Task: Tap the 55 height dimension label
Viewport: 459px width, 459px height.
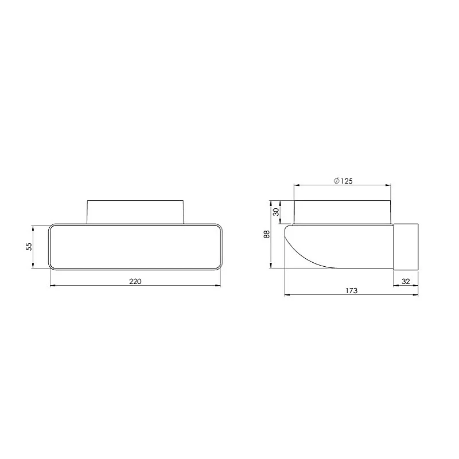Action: pos(28,246)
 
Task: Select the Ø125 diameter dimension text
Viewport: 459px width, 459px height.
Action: pos(343,181)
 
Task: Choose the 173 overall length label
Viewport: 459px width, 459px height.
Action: pos(352,291)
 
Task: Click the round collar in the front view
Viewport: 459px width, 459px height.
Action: pos(135,211)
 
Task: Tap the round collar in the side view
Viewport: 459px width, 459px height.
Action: pos(343,212)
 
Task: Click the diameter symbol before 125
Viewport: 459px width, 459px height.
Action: pos(336,181)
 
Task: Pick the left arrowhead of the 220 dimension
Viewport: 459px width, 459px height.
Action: pos(53,285)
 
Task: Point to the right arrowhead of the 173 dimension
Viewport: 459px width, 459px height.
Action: pos(416,295)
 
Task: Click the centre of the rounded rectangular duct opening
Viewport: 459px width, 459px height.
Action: pos(135,246)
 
